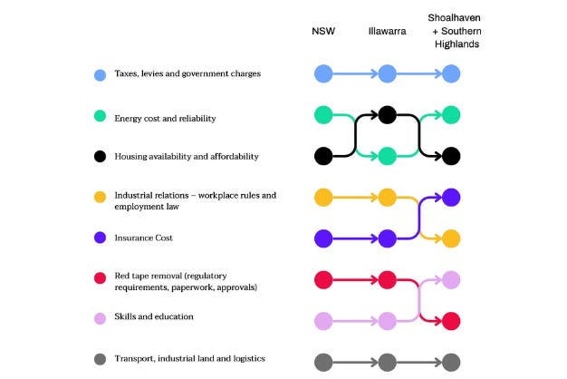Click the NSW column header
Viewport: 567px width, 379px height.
[x=322, y=31]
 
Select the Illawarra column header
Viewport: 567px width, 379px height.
[x=387, y=31]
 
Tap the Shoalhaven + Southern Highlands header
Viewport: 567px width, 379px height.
[x=455, y=31]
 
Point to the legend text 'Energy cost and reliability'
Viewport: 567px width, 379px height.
[x=165, y=118]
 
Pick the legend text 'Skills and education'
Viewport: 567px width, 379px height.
[x=154, y=317]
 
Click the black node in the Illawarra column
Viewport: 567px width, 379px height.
[x=387, y=115]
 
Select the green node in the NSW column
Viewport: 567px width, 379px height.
[x=322, y=115]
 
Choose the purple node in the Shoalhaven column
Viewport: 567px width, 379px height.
[x=451, y=197]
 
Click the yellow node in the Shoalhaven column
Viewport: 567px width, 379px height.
[x=451, y=238]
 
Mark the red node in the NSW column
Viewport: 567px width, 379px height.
[x=322, y=278]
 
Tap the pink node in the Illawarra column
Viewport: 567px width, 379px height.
[x=387, y=320]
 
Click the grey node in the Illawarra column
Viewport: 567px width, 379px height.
[x=387, y=363]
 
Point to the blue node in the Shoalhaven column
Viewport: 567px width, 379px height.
[x=451, y=73]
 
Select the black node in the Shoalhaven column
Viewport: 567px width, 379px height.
[x=451, y=156]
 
